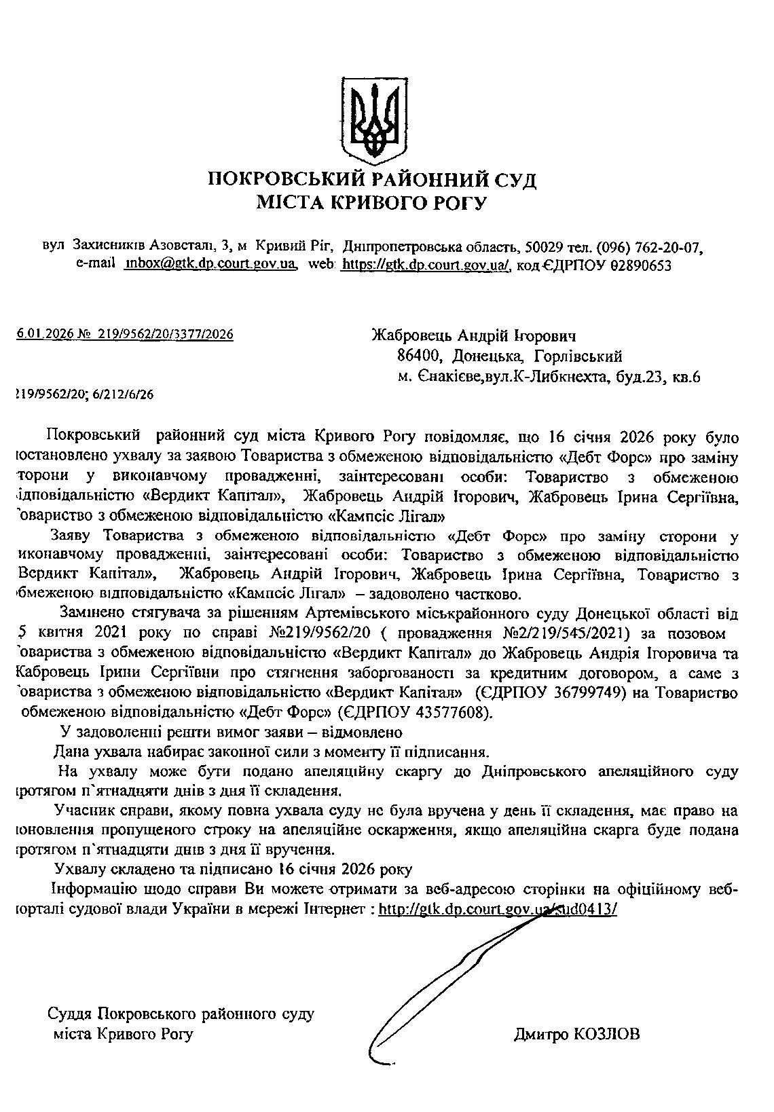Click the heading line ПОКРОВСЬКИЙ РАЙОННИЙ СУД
372,181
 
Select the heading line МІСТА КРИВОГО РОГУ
371,202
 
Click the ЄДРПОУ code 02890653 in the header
640,265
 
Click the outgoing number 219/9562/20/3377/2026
166,334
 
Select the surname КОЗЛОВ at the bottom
606,1035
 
